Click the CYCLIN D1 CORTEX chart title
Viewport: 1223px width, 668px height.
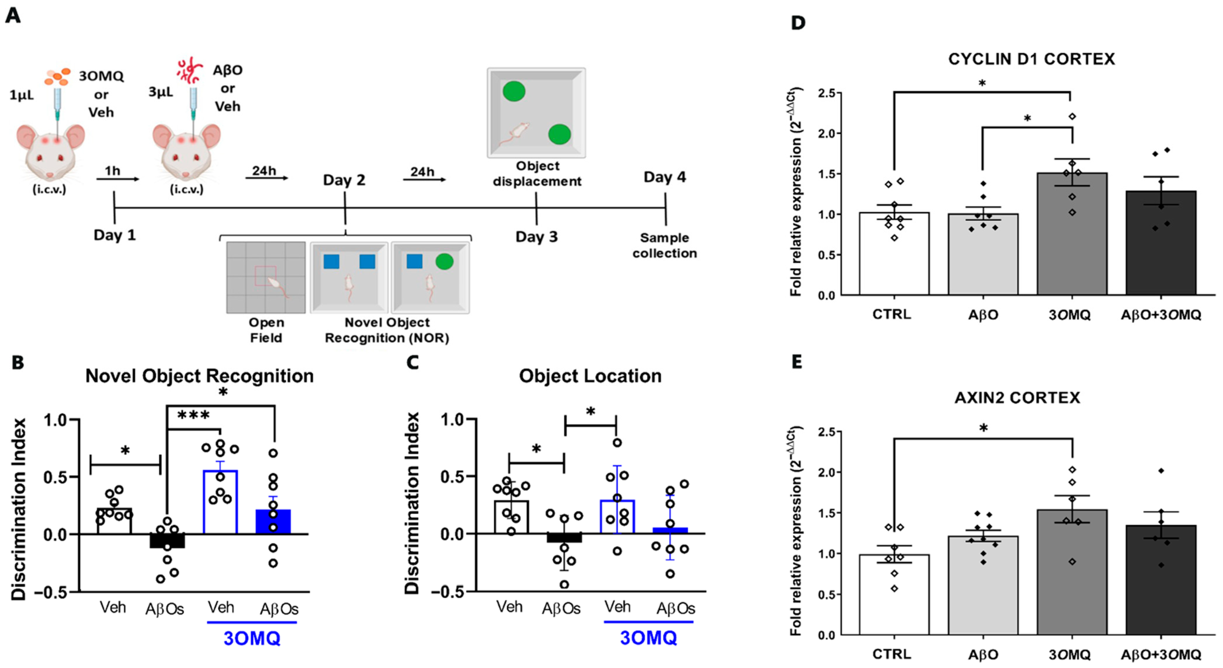[x=1031, y=59]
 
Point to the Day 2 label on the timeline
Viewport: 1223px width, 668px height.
[x=344, y=180]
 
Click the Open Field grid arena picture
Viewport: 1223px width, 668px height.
[x=266, y=278]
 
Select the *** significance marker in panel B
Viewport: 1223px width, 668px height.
[x=193, y=416]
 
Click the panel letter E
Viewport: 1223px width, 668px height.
[x=797, y=362]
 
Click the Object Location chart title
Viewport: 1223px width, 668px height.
[x=590, y=376]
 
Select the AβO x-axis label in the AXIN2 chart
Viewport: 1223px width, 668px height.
[x=983, y=654]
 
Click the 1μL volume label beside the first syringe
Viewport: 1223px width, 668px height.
[x=22, y=96]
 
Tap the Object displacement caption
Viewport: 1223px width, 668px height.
[x=537, y=174]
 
